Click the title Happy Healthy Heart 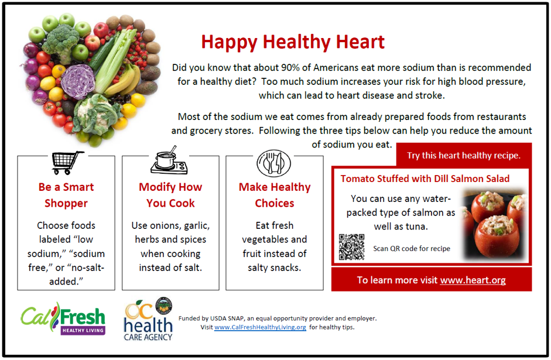coord(293,42)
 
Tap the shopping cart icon coord(67,163)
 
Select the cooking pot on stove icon coord(169,160)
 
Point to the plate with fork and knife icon coord(273,163)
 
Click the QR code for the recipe coord(351,247)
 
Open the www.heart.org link coord(473,280)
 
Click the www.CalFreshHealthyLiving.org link coord(260,327)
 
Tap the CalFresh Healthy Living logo coord(63,318)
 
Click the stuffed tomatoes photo coord(494,224)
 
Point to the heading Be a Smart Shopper coord(66,195)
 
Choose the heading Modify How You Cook coord(170,195)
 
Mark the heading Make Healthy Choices coord(275,195)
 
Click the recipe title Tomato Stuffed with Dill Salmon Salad coord(425,179)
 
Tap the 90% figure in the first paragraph coord(290,67)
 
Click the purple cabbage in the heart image coord(78,81)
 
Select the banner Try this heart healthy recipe coord(464,155)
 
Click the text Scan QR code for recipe coord(412,248)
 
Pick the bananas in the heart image coord(124,80)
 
